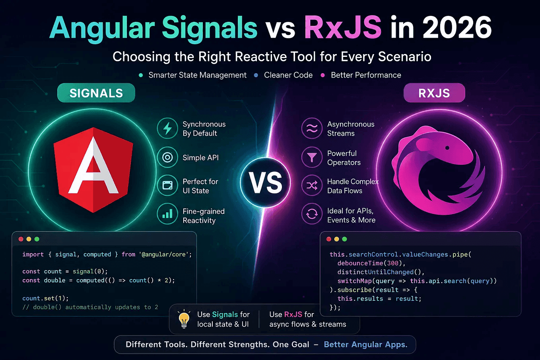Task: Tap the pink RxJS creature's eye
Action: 447,148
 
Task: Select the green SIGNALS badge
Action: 96,93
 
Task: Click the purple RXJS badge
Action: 434,93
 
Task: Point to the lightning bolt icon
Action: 167,128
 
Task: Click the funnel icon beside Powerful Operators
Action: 312,157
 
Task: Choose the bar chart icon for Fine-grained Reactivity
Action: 167,214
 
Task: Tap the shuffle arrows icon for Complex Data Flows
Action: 312,185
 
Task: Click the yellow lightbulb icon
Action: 184,319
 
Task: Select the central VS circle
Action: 265,183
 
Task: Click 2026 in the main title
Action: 457,27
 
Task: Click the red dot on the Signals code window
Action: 21,239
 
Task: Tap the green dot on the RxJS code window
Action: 344,239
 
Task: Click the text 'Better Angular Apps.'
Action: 365,344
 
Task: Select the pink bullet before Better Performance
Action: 322,75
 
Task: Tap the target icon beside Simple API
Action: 167,157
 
